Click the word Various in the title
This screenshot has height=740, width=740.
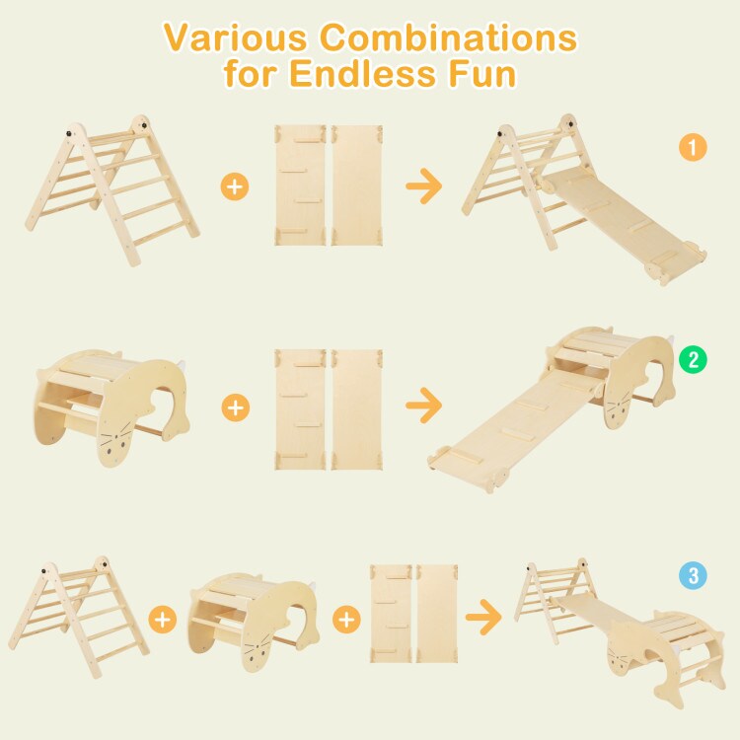pos(235,37)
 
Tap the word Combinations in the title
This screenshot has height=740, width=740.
pos(448,37)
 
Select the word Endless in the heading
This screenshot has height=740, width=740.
pos(362,73)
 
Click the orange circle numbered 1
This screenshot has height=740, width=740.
pos(693,147)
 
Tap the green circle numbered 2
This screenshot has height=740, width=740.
pos(693,359)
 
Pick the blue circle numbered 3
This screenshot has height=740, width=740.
pos(693,575)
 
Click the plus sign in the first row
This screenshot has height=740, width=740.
pos(235,186)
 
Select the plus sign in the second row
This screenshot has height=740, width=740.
pos(236,407)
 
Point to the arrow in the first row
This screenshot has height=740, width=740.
pos(424,185)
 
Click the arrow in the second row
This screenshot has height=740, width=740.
pos(424,406)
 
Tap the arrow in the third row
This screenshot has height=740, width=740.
pos(483,617)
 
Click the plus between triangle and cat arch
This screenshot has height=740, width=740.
pos(163,620)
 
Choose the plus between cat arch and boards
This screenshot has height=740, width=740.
pos(347,620)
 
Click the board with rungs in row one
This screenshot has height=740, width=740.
pos(300,185)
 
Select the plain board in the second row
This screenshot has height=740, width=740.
pos(357,409)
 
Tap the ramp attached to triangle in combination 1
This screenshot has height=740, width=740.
pos(623,222)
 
